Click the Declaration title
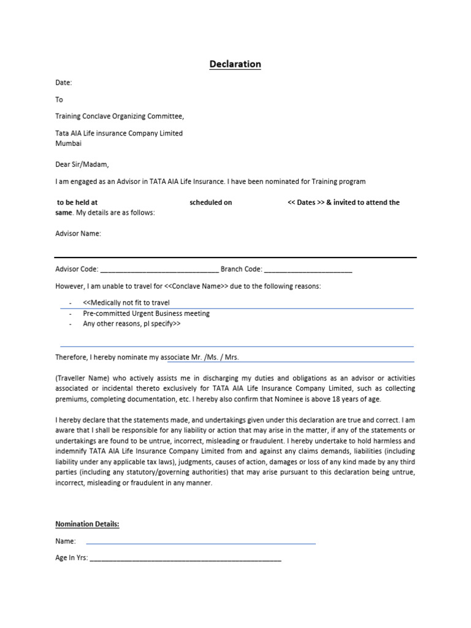[235, 64]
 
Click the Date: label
[64, 82]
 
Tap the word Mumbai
[68, 144]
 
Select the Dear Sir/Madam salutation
[82, 164]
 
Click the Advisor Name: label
[78, 234]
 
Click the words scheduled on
[211, 202]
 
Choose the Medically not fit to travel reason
[126, 303]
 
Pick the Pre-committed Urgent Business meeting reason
[146, 313]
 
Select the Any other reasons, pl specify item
[132, 324]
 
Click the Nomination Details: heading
[87, 524]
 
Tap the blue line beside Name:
[201, 543]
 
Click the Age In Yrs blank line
[185, 560]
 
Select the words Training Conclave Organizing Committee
[120, 116]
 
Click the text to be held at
[77, 202]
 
